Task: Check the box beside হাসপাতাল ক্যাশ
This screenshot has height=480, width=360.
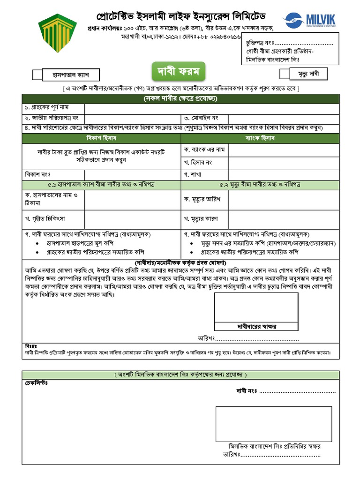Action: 37,75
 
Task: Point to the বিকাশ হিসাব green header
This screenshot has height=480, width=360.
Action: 101,138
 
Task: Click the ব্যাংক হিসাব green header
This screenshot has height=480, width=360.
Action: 260,138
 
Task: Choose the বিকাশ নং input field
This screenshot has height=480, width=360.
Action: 133,174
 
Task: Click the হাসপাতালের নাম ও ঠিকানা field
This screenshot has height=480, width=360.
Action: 133,199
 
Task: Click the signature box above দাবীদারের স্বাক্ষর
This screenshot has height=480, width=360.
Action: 256,307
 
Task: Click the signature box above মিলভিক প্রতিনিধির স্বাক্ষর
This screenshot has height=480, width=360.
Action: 273,424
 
